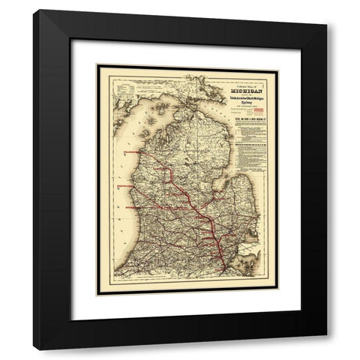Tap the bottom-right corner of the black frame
[x=304, y=349]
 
